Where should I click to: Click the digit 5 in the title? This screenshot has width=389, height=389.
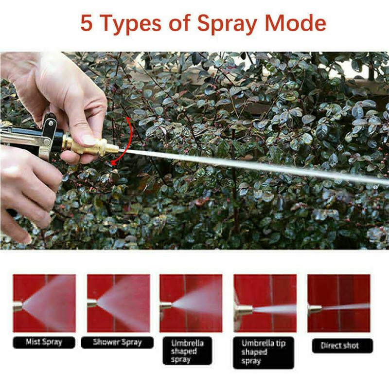(87, 23)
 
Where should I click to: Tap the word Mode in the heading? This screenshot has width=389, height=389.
(296, 23)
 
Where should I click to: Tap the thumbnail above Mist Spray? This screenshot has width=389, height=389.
(44, 303)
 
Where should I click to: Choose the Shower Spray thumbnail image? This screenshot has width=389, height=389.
(119, 303)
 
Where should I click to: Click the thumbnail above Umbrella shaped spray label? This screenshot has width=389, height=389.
(191, 303)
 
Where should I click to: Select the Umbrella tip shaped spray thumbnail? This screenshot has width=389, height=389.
(265, 303)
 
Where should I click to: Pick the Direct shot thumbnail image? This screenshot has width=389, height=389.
(339, 303)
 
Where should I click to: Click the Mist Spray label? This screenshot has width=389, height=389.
(44, 342)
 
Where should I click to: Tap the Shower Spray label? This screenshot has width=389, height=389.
(117, 342)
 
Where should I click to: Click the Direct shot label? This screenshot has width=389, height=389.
(342, 346)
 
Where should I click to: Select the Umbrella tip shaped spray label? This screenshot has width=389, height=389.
(264, 353)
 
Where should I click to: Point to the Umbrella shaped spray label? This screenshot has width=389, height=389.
(187, 351)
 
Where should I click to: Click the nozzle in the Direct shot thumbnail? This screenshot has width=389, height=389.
(315, 309)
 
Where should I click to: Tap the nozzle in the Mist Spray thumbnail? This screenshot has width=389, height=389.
(18, 306)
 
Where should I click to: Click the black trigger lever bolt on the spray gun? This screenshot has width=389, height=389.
(51, 123)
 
